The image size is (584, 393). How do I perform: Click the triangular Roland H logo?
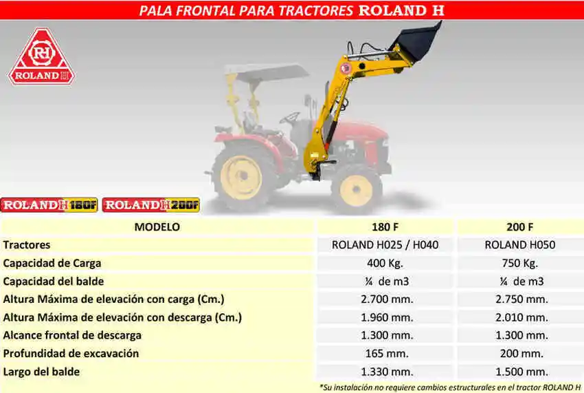point(41,57)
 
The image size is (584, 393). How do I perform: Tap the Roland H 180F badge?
point(49,205)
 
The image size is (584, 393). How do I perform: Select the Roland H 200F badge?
point(151,205)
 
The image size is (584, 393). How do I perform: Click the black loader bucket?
point(416,42)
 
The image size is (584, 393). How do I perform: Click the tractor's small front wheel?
point(356,189)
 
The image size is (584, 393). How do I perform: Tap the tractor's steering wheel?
point(290,118)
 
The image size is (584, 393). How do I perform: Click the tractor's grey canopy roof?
point(267,73)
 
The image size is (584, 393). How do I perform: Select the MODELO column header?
point(157,227)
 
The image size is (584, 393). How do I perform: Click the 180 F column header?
point(385,227)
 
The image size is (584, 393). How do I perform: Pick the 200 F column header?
point(520,227)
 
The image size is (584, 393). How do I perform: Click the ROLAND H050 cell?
point(520,245)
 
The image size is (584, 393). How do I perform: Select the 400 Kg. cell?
point(385,263)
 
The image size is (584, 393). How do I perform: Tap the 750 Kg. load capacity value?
point(520,263)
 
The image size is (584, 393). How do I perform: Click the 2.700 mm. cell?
point(387,299)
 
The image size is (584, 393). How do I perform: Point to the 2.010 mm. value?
point(521,317)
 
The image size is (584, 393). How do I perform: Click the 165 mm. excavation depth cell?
point(387,354)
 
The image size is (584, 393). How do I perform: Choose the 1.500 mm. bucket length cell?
point(521,372)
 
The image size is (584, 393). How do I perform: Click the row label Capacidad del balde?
point(54,281)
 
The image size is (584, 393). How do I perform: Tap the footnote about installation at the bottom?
point(450,387)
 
